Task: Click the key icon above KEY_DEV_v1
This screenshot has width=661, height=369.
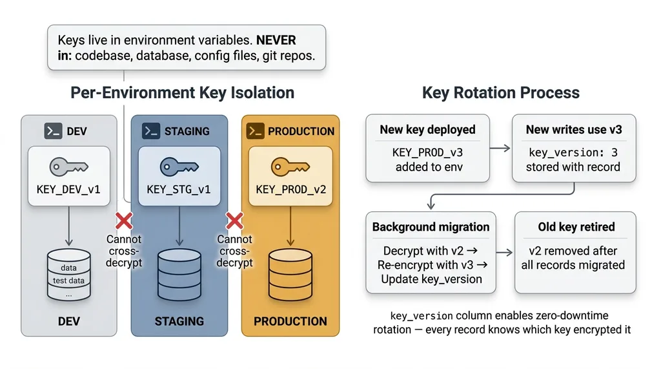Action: [x=69, y=166]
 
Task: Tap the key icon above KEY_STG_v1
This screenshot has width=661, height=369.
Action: [x=179, y=166]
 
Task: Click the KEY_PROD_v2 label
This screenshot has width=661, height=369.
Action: [x=290, y=189]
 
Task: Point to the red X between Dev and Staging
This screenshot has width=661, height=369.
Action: [x=123, y=222]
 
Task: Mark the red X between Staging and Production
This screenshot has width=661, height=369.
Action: [x=234, y=222]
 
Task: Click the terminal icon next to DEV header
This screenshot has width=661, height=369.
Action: [x=53, y=131]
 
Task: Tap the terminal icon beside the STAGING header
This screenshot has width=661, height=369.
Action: [x=151, y=131]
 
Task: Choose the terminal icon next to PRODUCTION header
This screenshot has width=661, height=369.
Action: [x=255, y=131]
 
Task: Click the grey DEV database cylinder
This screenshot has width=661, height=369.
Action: [x=69, y=275]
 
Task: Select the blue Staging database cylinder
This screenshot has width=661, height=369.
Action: [x=179, y=271]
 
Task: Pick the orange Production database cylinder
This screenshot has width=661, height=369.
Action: [x=290, y=271]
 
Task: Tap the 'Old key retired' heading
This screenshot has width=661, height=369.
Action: [x=576, y=227]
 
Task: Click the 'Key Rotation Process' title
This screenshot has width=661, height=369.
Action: [x=501, y=92]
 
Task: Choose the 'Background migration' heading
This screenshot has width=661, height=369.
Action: [x=431, y=227]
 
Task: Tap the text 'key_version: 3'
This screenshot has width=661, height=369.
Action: [x=573, y=153]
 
